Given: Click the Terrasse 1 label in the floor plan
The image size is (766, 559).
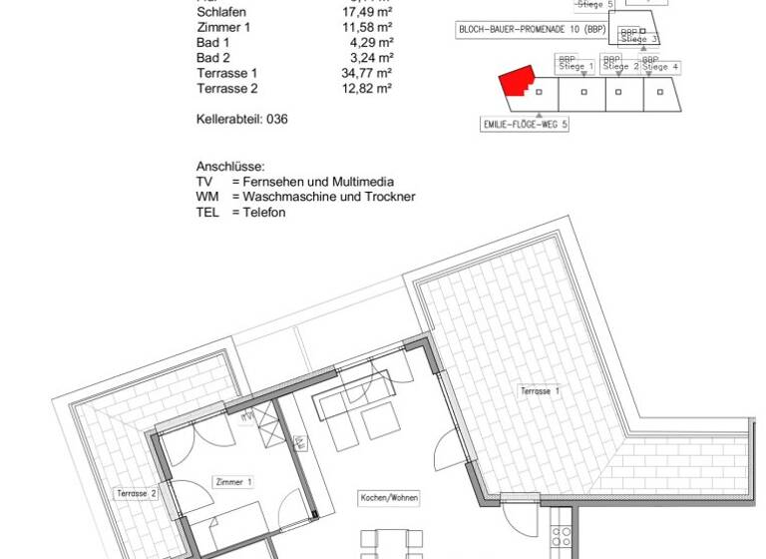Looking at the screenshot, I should tap(540, 391).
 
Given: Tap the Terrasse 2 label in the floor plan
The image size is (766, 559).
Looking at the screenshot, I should tap(138, 493).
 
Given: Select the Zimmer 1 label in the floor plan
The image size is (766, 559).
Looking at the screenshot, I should tap(234, 482).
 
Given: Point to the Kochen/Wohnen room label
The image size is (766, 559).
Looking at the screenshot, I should tap(389, 497).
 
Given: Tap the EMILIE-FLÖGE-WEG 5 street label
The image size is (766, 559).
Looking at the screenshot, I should tap(525, 125).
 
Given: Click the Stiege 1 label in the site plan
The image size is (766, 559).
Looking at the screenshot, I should tap(576, 67).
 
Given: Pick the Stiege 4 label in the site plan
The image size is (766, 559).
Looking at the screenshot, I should tap(661, 67).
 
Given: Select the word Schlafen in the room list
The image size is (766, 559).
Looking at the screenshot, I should tap(221, 13).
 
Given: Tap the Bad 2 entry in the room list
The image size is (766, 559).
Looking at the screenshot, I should tap(213, 58).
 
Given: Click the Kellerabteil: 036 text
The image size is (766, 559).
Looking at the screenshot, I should tap(242, 118).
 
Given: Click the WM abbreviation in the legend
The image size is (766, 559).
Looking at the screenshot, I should tap(207, 197).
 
